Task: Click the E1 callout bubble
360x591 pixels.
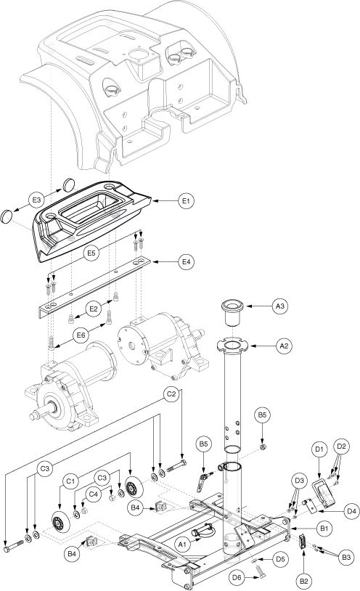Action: pos(186,201)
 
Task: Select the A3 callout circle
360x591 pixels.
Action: pos(279,307)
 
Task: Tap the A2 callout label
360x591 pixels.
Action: pos(285,346)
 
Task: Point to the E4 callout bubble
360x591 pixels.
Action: pos(186,261)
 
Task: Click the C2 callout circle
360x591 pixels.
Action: pos(171,394)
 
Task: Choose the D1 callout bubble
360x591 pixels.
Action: pos(319,449)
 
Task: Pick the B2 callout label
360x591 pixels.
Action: pos(304,582)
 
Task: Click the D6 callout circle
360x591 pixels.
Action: pos(238,576)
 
